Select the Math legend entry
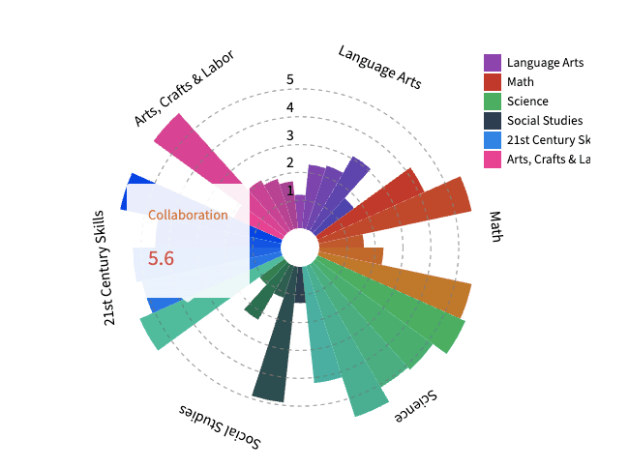coord(520,82)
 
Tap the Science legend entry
coord(527,102)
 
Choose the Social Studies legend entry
coord(544,121)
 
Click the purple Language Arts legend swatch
coord(493,63)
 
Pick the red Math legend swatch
coord(493,82)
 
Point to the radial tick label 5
coord(290,80)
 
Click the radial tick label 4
coord(290,107)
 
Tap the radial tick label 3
coord(290,135)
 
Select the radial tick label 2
coord(290,162)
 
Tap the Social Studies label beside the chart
coord(221,425)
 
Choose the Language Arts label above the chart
coord(379,67)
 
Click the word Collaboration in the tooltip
coord(188,215)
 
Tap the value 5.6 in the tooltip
coord(161,258)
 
